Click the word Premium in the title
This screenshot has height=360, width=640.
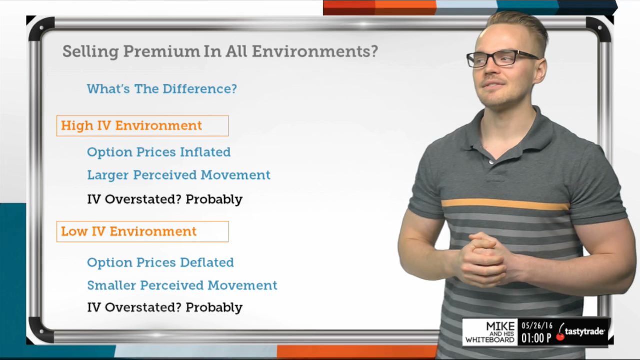161,51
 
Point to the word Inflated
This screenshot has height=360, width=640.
205,152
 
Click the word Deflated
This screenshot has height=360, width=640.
207,262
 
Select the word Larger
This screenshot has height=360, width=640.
108,175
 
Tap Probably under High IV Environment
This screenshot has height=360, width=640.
214,199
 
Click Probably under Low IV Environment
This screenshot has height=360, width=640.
214,307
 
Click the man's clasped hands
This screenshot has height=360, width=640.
483,259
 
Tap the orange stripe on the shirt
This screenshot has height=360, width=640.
505,204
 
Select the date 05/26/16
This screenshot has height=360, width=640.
537,326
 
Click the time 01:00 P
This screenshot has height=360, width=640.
536,338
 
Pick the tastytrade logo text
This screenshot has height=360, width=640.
584,332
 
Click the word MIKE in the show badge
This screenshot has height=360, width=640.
500,326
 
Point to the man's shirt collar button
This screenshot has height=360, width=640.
491,162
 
